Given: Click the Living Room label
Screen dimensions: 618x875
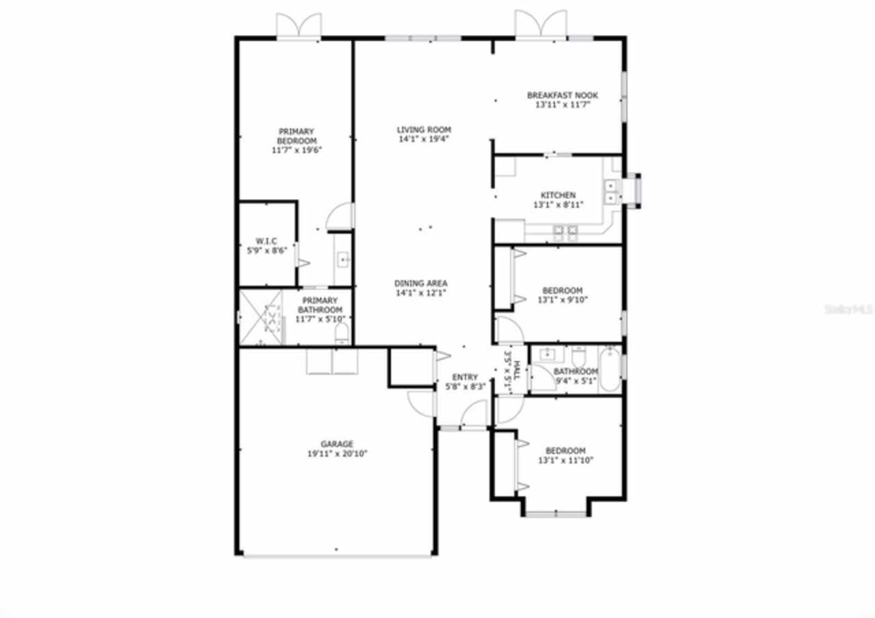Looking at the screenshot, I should (x=424, y=129).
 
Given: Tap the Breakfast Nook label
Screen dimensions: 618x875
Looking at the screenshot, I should (x=562, y=95).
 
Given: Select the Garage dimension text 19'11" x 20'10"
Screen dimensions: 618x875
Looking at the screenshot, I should (x=338, y=453).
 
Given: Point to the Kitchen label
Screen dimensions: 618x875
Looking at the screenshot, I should (x=558, y=195).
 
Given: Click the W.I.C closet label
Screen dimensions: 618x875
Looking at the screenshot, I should (x=266, y=241).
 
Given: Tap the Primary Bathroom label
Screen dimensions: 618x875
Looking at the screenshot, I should (x=319, y=305).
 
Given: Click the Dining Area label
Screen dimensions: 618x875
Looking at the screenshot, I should (x=420, y=283).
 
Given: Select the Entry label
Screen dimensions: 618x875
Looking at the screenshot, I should (x=466, y=377).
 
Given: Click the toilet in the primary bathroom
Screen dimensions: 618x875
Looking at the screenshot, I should (x=342, y=334).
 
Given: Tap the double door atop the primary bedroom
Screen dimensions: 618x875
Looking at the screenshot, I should (x=299, y=27).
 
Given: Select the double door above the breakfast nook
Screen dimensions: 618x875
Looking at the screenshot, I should (x=541, y=25).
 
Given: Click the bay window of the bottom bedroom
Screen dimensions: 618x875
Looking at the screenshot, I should (x=556, y=513).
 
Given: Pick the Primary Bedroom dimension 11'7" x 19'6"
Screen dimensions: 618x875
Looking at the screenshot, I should (x=295, y=150).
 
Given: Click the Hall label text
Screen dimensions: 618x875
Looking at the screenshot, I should (x=517, y=371).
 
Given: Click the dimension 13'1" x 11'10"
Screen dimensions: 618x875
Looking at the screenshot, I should (x=565, y=460).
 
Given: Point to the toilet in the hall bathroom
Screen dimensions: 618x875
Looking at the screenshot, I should (x=578, y=355).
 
